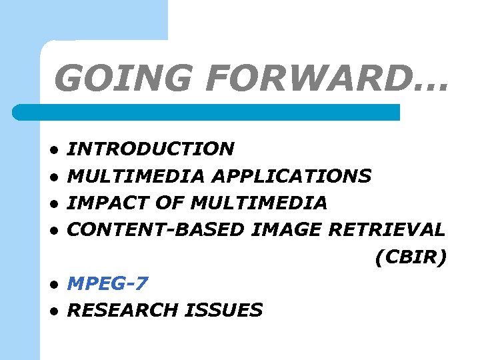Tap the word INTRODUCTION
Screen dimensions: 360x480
(x=151, y=149)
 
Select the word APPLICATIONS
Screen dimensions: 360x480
(x=291, y=176)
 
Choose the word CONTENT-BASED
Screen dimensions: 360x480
(x=157, y=230)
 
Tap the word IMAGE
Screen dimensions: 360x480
(x=287, y=230)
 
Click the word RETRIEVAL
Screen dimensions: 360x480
(x=387, y=230)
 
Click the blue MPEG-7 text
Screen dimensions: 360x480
(x=108, y=283)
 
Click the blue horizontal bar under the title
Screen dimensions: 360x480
(x=207, y=112)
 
